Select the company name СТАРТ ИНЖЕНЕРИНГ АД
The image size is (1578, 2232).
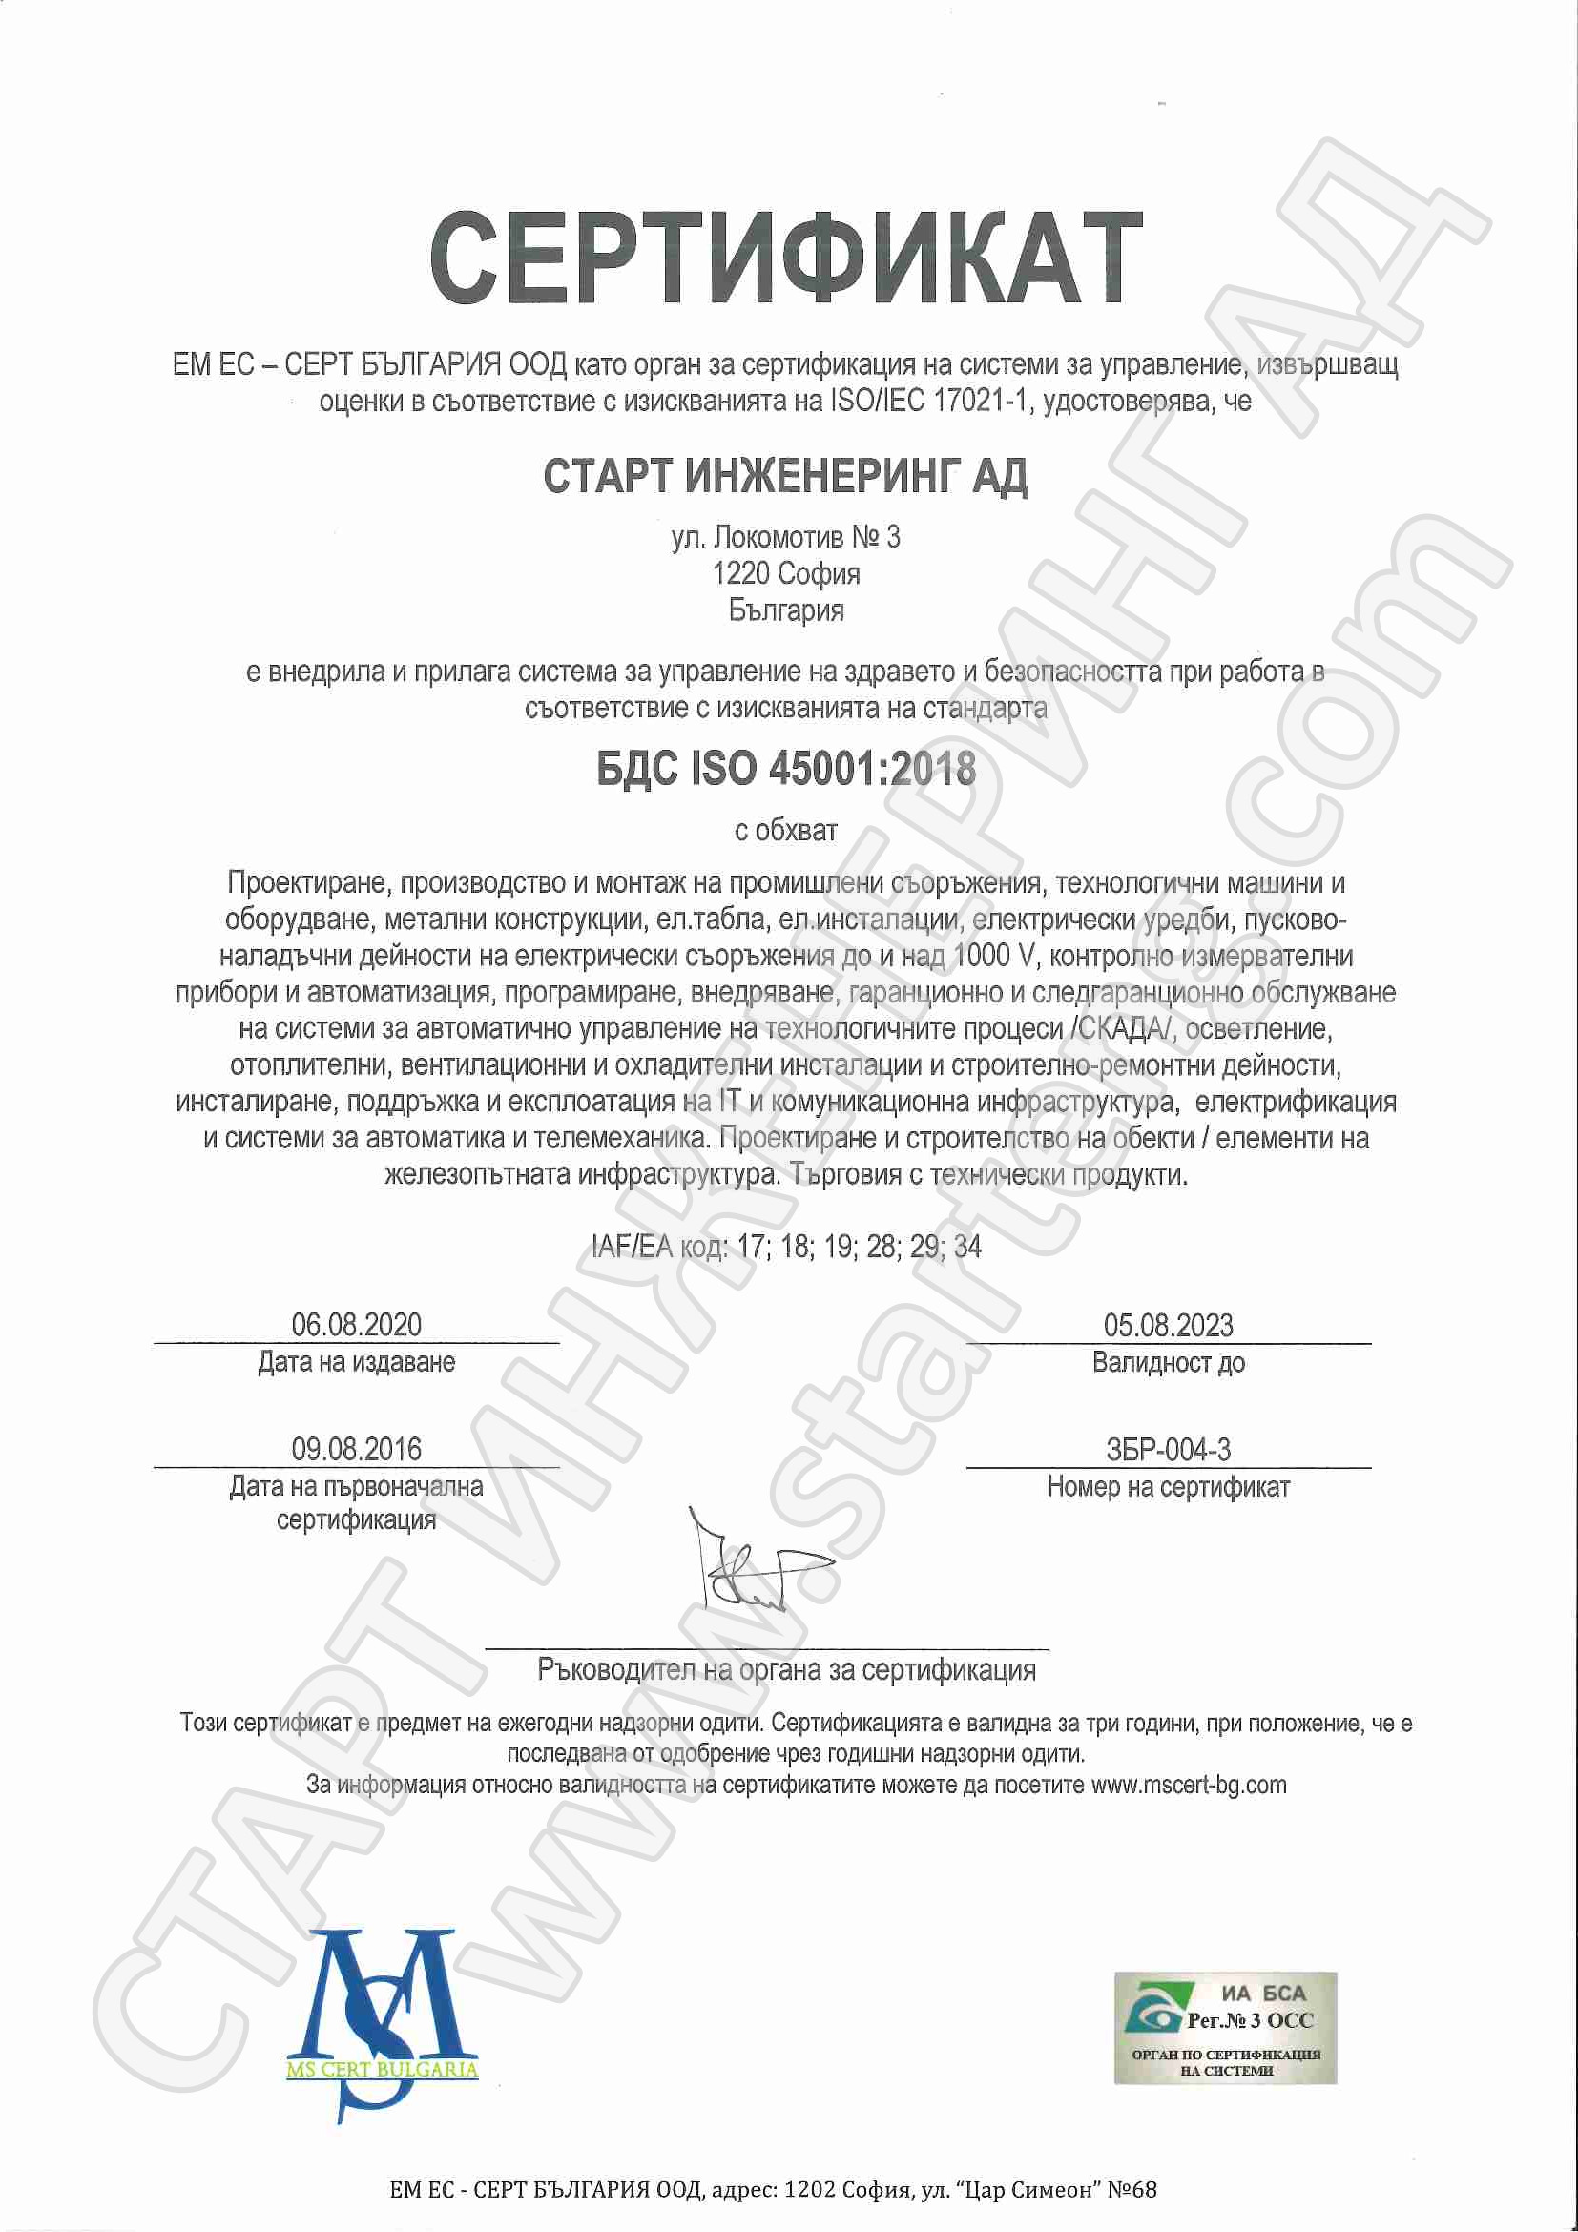pyautogui.click(x=784, y=476)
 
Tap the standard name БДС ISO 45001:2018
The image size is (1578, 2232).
pyautogui.click(x=784, y=769)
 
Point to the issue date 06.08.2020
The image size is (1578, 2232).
pyautogui.click(x=356, y=1324)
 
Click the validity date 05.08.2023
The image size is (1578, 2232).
pyautogui.click(x=1168, y=1324)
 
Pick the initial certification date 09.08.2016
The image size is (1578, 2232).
pyautogui.click(x=356, y=1449)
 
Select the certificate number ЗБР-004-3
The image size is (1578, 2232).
pyautogui.click(x=1168, y=1450)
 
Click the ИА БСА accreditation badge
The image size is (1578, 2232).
pyautogui.click(x=1225, y=2027)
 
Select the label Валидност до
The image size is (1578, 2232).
pyautogui.click(x=1168, y=1362)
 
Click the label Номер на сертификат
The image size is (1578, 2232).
pyautogui.click(x=1168, y=1486)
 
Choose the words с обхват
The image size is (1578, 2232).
pyautogui.click(x=784, y=830)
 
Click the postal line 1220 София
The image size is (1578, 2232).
pyautogui.click(x=784, y=573)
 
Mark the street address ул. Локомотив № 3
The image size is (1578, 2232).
pyautogui.click(x=784, y=537)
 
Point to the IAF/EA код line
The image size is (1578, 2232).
pyautogui.click(x=784, y=1247)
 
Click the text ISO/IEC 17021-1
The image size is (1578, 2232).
pyautogui.click(x=932, y=401)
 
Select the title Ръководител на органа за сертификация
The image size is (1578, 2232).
pyautogui.click(x=785, y=1670)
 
